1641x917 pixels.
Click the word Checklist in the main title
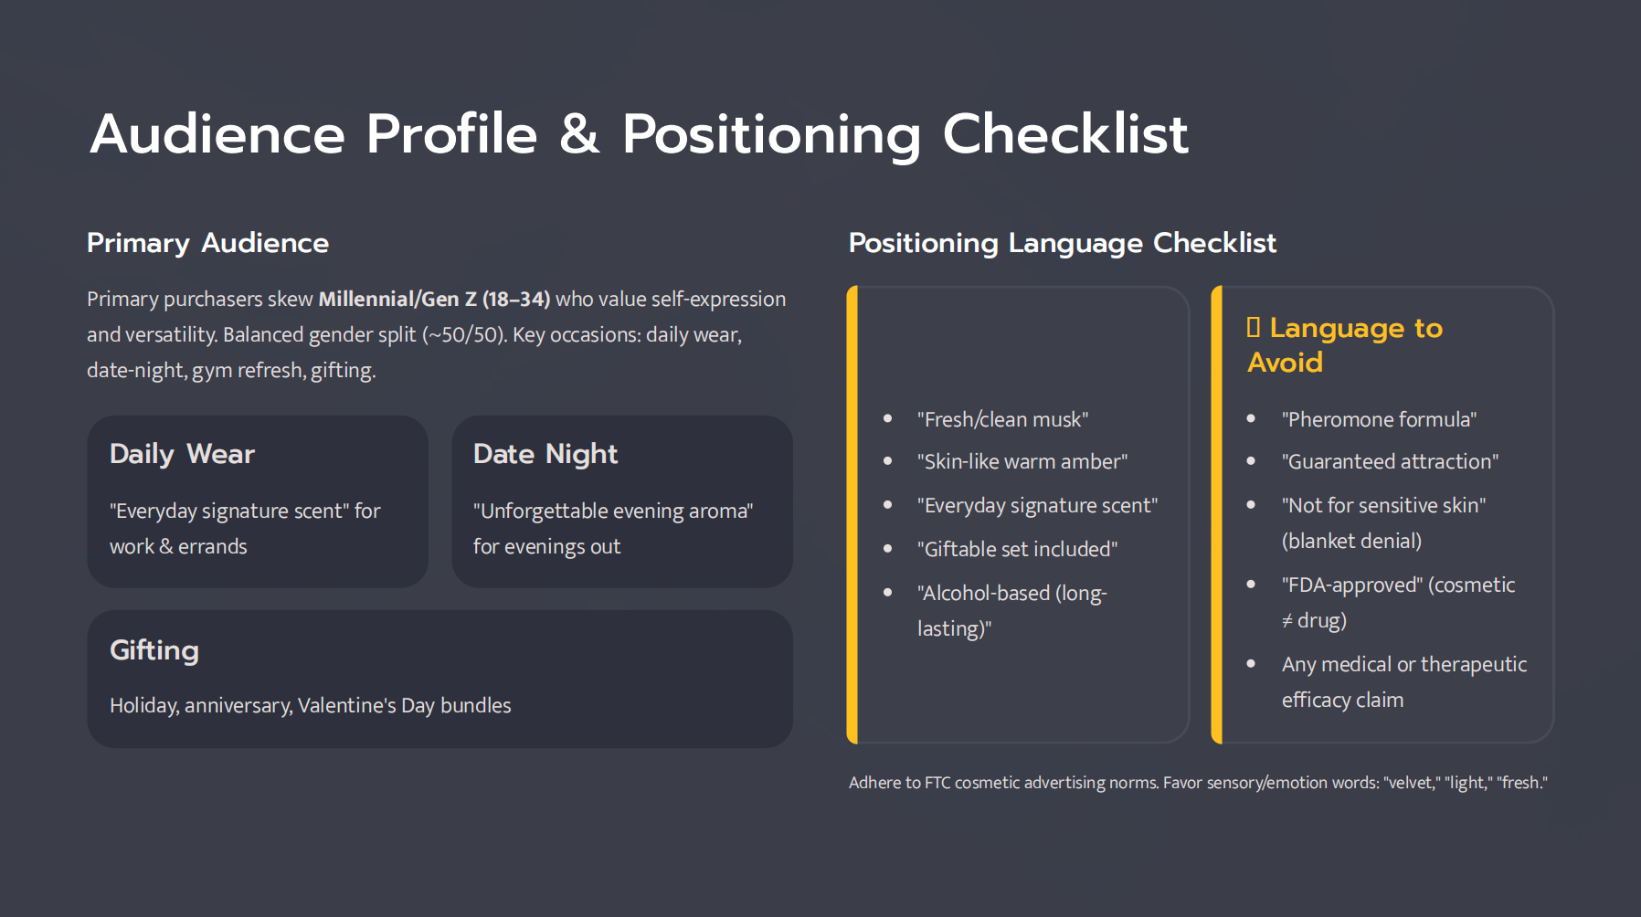click(x=1065, y=134)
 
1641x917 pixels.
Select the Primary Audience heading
click(x=207, y=243)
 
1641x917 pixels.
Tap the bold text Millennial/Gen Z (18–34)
click(x=434, y=300)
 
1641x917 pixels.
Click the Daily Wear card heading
click(x=182, y=454)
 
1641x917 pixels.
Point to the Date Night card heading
click(x=545, y=454)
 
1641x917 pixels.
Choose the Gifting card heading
click(x=154, y=650)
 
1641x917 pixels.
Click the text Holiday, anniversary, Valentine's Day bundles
click(x=310, y=706)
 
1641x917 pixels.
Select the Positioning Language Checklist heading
click(x=1062, y=243)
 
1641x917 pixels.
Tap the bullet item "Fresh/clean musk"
click(x=1002, y=420)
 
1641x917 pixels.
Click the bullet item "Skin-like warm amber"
click(x=1022, y=462)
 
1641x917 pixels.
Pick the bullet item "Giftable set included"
click(x=1017, y=550)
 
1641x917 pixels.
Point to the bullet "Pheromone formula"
click(x=1379, y=420)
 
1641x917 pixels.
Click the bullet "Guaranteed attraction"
click(x=1390, y=462)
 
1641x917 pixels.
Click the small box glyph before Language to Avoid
click(x=1254, y=328)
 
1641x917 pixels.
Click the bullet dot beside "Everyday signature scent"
click(x=887, y=505)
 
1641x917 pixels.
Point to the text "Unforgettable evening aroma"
click(x=613, y=511)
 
